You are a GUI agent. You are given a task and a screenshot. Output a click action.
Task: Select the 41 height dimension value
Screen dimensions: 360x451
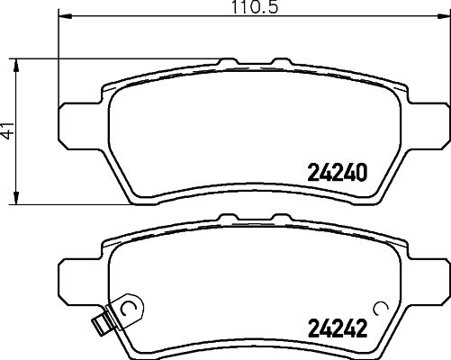click(8, 131)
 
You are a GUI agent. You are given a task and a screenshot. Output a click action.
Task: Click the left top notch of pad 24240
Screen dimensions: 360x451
click(227, 63)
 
